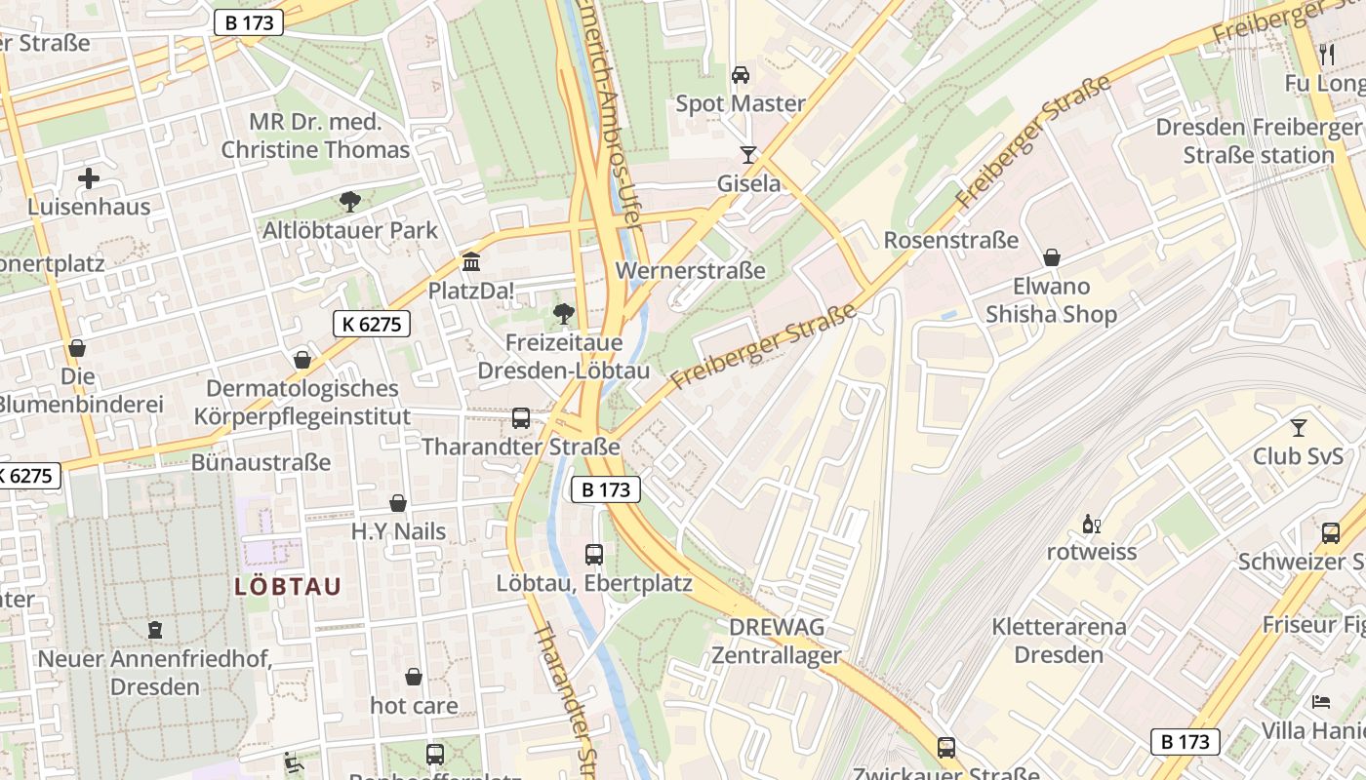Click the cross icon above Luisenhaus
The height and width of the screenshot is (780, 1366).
tap(89, 178)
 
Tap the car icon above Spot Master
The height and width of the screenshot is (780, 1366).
tap(741, 75)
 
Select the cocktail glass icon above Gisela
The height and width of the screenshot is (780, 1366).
tap(748, 154)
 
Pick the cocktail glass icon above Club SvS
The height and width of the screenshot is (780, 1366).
tap(1298, 427)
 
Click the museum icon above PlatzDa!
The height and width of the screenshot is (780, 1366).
tap(471, 261)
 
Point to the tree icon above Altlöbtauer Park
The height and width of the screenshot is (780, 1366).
tap(349, 202)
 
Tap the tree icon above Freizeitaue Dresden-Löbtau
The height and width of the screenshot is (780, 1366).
tap(563, 313)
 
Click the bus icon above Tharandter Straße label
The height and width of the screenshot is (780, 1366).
tap(521, 418)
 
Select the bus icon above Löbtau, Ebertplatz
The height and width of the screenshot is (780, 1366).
tap(593, 555)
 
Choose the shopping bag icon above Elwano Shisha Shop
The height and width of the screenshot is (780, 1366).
tap(1051, 257)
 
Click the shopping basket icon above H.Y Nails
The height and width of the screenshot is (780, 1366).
tap(398, 503)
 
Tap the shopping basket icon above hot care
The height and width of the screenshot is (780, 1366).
tap(414, 677)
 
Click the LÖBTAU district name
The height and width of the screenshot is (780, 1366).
tap(288, 586)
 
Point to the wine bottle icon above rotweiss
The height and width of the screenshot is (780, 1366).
tap(1091, 525)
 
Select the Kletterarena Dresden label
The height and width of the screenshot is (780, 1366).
tap(1059, 640)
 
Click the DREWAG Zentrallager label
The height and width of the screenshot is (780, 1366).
tap(776, 641)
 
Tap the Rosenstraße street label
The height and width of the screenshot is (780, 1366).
tap(950, 240)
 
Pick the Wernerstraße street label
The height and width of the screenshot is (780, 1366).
tap(691, 270)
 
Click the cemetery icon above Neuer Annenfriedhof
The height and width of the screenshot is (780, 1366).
tap(154, 630)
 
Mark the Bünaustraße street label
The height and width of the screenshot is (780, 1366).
tap(261, 462)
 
